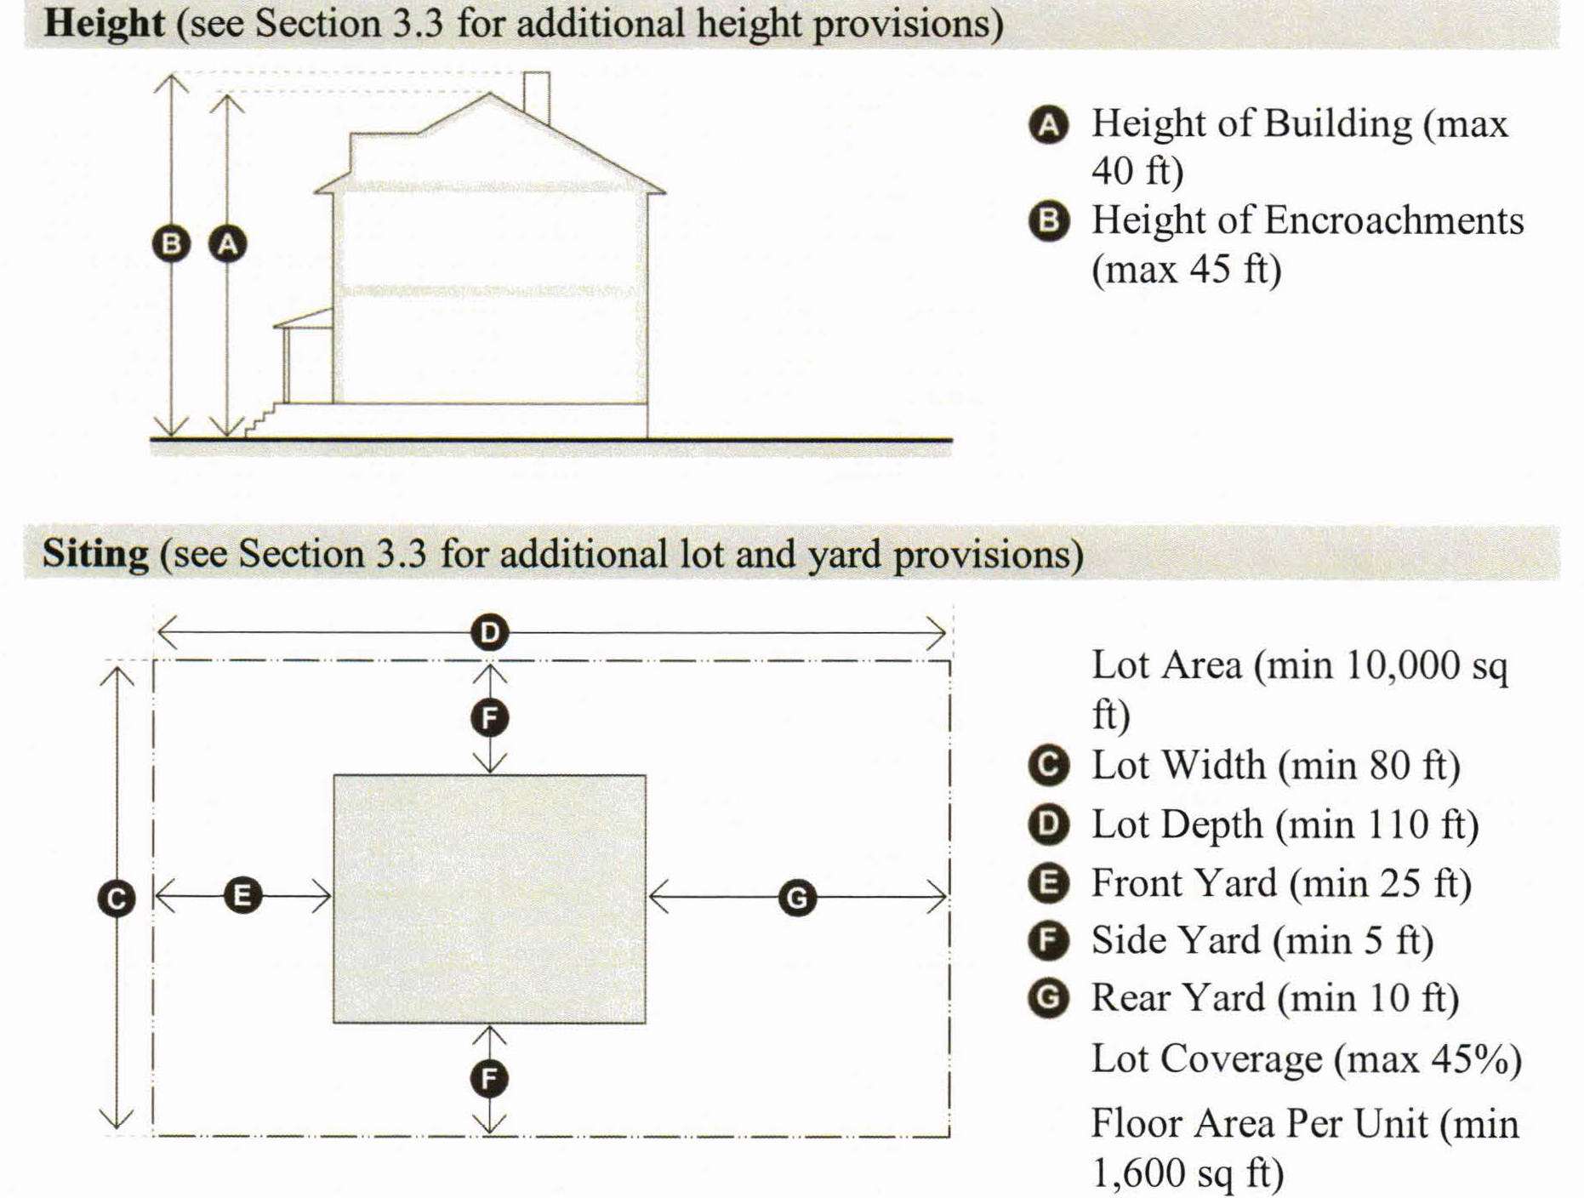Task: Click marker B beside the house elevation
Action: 171,244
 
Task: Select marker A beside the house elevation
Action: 227,244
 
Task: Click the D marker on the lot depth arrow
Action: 489,633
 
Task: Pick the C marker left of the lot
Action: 117,898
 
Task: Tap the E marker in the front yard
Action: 242,896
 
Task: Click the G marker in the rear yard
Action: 797,898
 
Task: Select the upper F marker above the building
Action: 489,718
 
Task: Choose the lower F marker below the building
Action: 489,1079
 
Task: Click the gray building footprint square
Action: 489,898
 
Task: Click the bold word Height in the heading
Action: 104,23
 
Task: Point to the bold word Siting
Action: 95,554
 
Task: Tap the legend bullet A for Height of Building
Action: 1049,125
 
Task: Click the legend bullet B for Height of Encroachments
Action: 1049,221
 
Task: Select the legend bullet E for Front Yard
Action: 1049,883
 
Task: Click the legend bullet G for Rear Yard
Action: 1049,998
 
